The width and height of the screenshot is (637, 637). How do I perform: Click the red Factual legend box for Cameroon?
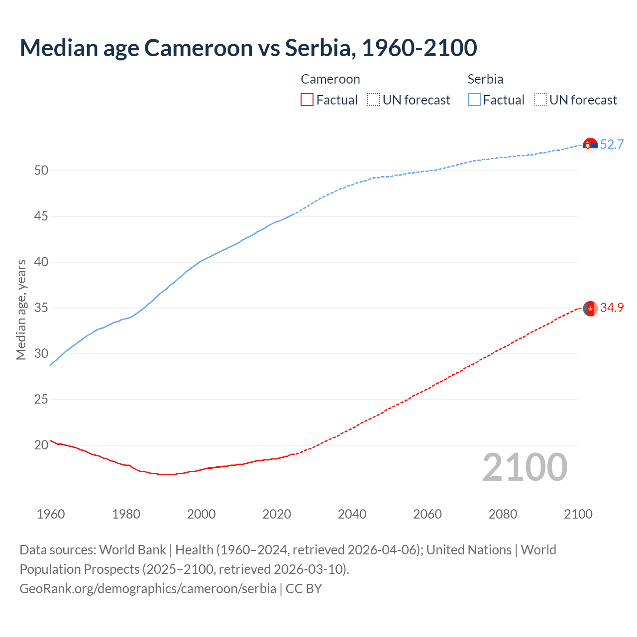click(307, 100)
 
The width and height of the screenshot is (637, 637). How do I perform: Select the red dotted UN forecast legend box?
click(373, 100)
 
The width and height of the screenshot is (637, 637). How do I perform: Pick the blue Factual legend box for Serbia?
click(474, 100)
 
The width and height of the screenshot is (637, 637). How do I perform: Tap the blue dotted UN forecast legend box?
click(540, 100)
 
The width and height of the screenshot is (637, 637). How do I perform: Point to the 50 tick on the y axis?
click(41, 171)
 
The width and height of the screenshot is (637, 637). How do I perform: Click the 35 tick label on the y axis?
click(41, 308)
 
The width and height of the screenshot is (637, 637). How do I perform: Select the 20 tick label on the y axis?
click(41, 445)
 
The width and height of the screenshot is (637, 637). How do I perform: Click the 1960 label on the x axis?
click(51, 514)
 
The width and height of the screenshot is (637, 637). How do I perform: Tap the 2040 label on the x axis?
click(352, 514)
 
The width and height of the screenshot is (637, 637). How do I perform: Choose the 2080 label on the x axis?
click(503, 514)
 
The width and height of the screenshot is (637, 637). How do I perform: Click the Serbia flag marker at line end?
click(590, 145)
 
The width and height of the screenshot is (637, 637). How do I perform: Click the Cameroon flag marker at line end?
click(590, 309)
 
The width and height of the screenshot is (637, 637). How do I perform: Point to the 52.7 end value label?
click(612, 145)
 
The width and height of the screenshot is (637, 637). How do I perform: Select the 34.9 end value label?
click(612, 308)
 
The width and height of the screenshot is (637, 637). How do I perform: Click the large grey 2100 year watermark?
click(525, 467)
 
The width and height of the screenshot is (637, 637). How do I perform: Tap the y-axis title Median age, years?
click(21, 310)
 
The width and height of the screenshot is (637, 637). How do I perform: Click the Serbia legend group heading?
click(485, 79)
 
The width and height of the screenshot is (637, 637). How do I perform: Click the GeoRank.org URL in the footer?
click(148, 589)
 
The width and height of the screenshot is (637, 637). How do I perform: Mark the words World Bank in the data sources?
click(132, 550)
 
